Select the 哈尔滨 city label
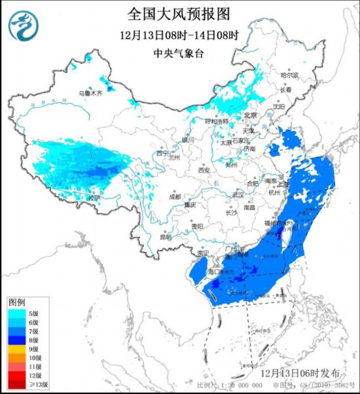(x=289, y=76)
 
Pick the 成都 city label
(x=174, y=196)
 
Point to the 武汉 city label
(x=237, y=195)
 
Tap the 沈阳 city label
(x=279, y=105)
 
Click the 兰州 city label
(x=173, y=157)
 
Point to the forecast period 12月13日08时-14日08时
(x=179, y=35)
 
